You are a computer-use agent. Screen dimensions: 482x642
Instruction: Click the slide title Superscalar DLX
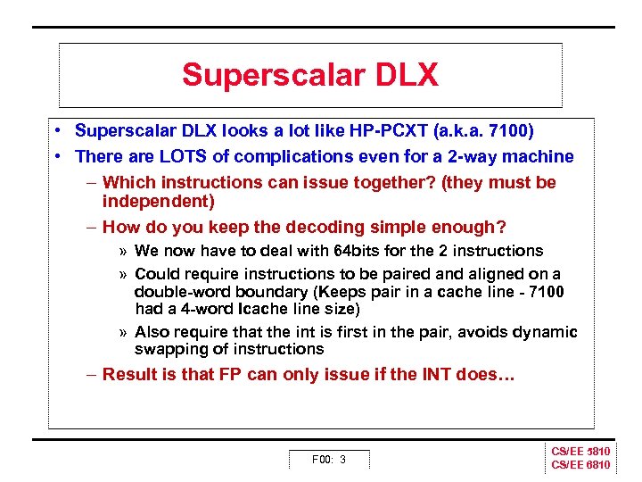pyautogui.click(x=310, y=75)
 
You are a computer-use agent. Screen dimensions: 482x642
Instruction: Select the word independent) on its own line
pyautogui.click(x=158, y=201)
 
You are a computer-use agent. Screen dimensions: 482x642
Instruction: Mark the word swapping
pyautogui.click(x=168, y=349)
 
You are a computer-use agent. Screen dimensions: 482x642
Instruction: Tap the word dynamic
pyautogui.click(x=546, y=332)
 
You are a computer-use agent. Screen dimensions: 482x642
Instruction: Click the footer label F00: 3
pyautogui.click(x=328, y=460)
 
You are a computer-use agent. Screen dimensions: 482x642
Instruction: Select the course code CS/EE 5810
pyautogui.click(x=580, y=453)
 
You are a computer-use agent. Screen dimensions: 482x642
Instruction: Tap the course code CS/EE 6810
pyautogui.click(x=580, y=465)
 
